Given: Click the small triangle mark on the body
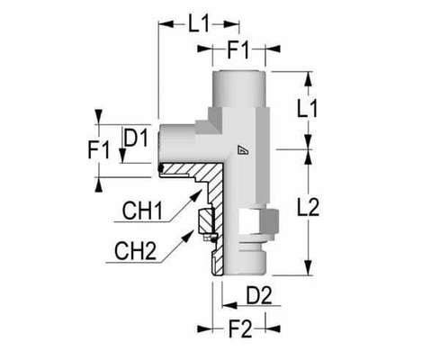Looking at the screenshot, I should tap(240, 150).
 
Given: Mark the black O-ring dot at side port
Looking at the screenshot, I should tap(160, 167).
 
